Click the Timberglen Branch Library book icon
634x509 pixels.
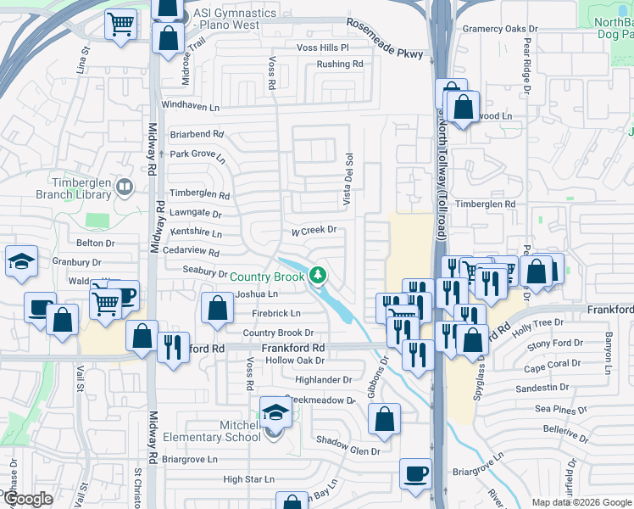pyautogui.click(x=125, y=186)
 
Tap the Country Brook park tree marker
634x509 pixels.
pyautogui.click(x=318, y=275)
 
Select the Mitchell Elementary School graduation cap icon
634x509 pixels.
pyautogui.click(x=275, y=413)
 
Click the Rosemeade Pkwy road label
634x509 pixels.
pyautogui.click(x=384, y=38)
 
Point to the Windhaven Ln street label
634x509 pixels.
pyautogui.click(x=190, y=108)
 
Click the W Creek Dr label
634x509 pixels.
pyautogui.click(x=314, y=230)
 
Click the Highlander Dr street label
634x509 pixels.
pyautogui.click(x=323, y=380)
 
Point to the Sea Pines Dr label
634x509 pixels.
pyautogui.click(x=560, y=410)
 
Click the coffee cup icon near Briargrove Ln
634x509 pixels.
pyautogui.click(x=415, y=474)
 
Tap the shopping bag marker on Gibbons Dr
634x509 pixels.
pyautogui.click(x=384, y=419)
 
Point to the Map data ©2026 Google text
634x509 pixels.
pyautogui.click(x=581, y=502)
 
